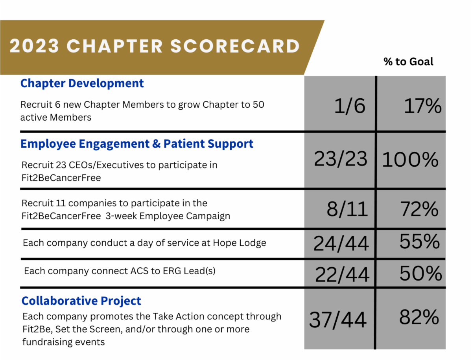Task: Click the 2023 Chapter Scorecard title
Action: [x=155, y=46]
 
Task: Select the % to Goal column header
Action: [x=408, y=62]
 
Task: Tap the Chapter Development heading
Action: [x=82, y=83]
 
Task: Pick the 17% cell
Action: [x=422, y=106]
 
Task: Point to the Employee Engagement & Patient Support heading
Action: [x=136, y=144]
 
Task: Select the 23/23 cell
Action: [x=341, y=159]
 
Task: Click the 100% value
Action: [x=410, y=159]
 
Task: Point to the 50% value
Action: [x=420, y=274]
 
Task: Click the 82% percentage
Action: [x=419, y=317]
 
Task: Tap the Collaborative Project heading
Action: [x=81, y=301]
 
